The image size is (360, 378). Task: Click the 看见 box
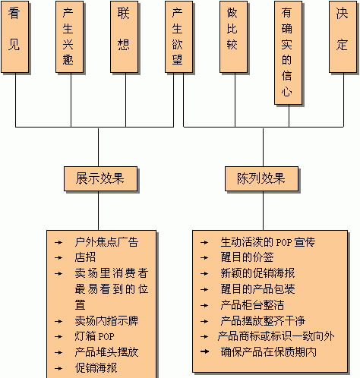tap(14, 37)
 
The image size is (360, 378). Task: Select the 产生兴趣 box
tap(69, 37)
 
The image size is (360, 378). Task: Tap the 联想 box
tap(124, 37)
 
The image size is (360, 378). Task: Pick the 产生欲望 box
tap(178, 37)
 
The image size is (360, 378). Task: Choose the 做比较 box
tap(233, 37)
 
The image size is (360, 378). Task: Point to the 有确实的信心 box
tap(288, 52)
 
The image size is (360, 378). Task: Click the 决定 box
tap(343, 37)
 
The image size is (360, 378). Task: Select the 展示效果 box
tap(100, 178)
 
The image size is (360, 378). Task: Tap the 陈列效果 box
tap(261, 178)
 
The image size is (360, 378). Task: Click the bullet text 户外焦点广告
tap(106, 242)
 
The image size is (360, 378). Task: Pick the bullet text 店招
tap(85, 257)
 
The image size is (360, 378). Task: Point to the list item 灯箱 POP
tap(94, 336)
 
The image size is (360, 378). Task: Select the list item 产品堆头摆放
tap(106, 352)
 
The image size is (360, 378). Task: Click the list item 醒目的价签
tap(247, 257)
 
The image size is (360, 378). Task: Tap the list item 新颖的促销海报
tap(257, 273)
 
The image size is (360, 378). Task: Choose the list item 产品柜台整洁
tap(252, 305)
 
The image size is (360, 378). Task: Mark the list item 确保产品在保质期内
tap(268, 352)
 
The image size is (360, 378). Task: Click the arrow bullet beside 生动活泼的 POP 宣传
tap(204, 242)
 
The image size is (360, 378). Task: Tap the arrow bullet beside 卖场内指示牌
tap(58, 321)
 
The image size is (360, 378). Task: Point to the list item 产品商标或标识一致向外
tap(276, 336)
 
